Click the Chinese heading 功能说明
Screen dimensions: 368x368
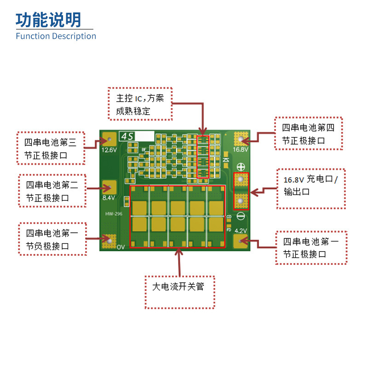coord(48,20)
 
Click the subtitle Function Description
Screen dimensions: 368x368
coord(56,36)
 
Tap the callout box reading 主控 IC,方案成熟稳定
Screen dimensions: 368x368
coord(139,105)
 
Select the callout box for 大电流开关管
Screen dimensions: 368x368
coord(179,287)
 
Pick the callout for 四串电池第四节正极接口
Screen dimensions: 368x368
coord(308,133)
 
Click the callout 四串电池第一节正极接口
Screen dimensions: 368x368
coord(311,247)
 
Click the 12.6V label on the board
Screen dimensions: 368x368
coord(109,150)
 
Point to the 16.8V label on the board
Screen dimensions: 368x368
coord(241,149)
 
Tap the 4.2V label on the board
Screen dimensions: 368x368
coord(241,230)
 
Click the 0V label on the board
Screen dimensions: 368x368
coord(121,247)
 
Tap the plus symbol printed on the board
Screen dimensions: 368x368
coord(241,166)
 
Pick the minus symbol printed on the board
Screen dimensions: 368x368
coord(241,216)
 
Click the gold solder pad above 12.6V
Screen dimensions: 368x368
coord(109,138)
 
